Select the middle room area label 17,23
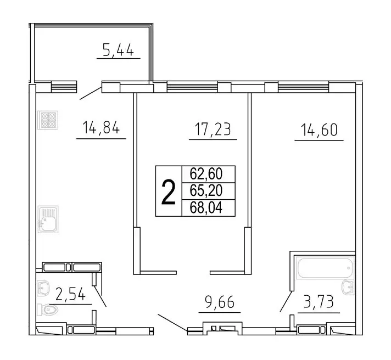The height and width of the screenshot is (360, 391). (x=213, y=130)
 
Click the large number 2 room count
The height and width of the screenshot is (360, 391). (x=169, y=192)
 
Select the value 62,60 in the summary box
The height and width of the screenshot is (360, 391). (x=208, y=174)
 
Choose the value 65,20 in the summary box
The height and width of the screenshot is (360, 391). (x=208, y=191)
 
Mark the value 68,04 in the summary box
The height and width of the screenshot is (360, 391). (x=208, y=208)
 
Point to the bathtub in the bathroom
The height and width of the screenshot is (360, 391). (x=323, y=269)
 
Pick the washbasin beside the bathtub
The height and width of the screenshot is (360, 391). (x=347, y=286)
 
